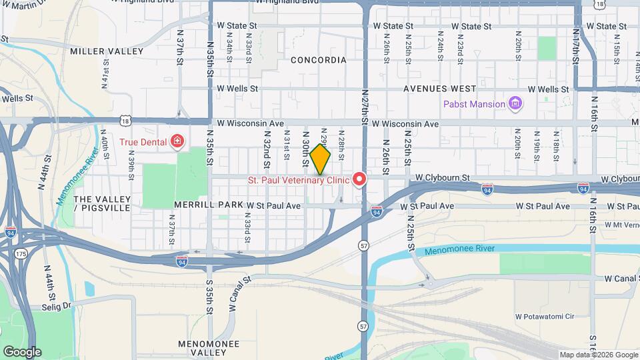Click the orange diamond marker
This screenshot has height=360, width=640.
pyautogui.click(x=320, y=159)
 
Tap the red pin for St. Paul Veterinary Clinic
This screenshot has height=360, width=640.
pyautogui.click(x=359, y=179)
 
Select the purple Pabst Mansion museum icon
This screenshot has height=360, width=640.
pyautogui.click(x=515, y=103)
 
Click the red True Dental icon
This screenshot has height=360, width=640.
pyautogui.click(x=177, y=141)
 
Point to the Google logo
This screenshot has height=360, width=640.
pyautogui.click(x=22, y=352)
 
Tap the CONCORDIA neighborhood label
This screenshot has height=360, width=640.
pyautogui.click(x=319, y=60)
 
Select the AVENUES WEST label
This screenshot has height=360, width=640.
pyautogui.click(x=439, y=89)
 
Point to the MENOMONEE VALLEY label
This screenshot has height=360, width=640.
pyautogui.click(x=185, y=347)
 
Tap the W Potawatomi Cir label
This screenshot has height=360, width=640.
pyautogui.click(x=546, y=315)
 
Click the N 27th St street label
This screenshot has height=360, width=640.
pyautogui.click(x=365, y=107)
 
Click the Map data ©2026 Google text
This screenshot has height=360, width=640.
pyautogui.click(x=598, y=355)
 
